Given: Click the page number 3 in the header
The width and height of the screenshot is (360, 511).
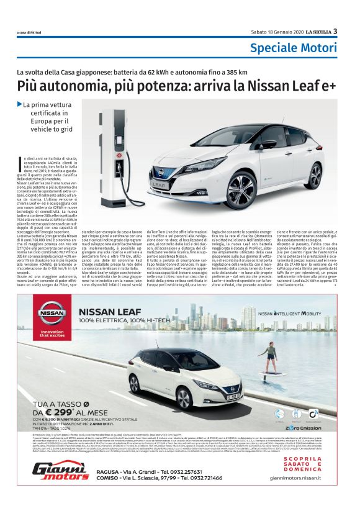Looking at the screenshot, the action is click(x=335, y=32).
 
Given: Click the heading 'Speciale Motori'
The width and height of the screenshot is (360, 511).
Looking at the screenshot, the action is click(x=294, y=48).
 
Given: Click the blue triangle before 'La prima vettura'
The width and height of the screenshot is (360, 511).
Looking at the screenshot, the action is click(x=20, y=104).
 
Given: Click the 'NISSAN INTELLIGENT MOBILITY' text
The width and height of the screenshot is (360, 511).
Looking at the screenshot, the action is click(x=297, y=315).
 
